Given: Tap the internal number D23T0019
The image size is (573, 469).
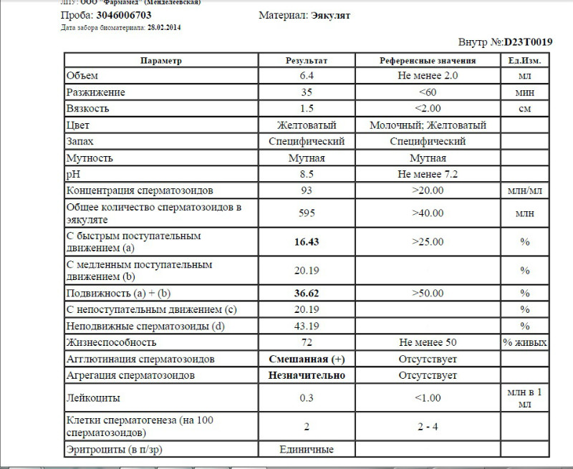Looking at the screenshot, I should click(x=528, y=42).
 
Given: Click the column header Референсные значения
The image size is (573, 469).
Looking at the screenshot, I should click(x=428, y=60).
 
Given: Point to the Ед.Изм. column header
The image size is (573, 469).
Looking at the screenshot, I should click(x=525, y=60).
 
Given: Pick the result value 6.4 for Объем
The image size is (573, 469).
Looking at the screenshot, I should click(x=307, y=76).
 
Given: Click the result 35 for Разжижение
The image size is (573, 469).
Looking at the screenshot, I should click(x=307, y=92).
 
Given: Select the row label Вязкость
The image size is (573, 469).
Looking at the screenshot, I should click(x=87, y=109).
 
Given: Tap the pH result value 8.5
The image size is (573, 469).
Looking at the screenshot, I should click(x=307, y=174).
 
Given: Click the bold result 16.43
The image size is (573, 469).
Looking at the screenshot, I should click(x=307, y=242).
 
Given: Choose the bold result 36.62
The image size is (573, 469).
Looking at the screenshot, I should click(x=307, y=294).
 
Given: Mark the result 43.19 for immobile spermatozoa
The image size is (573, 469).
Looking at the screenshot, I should click(x=307, y=326).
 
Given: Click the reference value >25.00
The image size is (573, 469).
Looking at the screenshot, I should click(x=428, y=242).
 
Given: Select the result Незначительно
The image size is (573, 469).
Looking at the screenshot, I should click(x=307, y=375).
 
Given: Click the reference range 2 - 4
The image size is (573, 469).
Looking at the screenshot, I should click(x=428, y=427).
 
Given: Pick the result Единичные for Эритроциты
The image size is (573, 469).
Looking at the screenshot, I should click(x=307, y=450).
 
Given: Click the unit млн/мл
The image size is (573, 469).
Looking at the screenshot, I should click(x=525, y=190).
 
